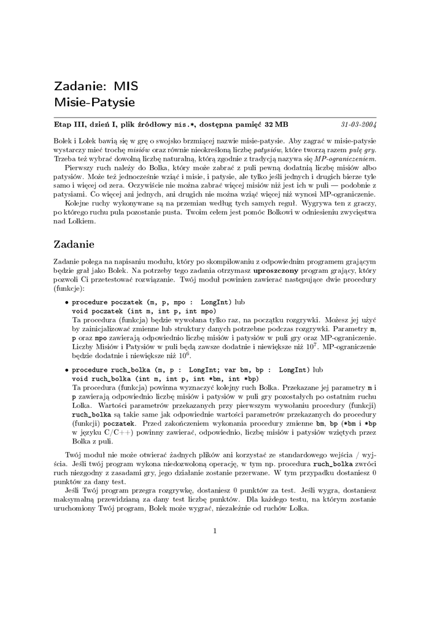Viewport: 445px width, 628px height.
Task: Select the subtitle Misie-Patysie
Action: tap(94, 102)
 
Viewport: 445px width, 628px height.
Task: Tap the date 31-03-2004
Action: tap(359, 124)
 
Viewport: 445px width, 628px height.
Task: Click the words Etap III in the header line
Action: tap(70, 124)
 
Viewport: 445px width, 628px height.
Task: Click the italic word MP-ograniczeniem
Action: tap(344, 158)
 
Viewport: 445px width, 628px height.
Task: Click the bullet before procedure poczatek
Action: tap(67, 303)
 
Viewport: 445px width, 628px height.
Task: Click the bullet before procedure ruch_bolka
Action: tap(67, 370)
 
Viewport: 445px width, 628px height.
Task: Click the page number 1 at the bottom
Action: tap(215, 532)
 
